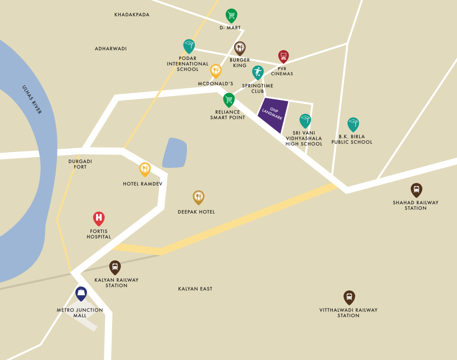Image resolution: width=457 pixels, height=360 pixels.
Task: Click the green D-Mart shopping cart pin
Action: click(232, 16)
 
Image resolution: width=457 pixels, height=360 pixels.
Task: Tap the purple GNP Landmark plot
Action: click(273, 115)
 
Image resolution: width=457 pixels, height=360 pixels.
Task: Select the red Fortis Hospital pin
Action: click(99, 218)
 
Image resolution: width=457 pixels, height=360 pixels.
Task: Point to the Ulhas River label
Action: click(32, 100)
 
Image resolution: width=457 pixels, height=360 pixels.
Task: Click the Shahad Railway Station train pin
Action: click(416, 189)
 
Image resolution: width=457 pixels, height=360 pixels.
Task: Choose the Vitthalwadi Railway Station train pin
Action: click(349, 297)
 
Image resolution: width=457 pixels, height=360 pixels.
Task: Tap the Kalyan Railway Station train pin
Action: click(115, 267)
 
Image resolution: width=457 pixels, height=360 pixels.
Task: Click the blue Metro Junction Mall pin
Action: click(81, 293)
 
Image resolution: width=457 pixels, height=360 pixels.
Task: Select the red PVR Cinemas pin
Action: click(283, 56)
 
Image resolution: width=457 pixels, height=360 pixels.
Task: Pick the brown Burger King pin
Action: click(240, 48)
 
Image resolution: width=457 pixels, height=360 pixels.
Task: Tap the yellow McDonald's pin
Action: click(216, 70)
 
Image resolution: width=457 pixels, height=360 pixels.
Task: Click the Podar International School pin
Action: click(189, 45)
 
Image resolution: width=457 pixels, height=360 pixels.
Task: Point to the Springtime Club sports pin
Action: click(258, 72)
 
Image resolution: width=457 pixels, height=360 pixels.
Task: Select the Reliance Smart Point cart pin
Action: click(228, 100)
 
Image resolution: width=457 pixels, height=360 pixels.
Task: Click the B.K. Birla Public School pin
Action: click(353, 124)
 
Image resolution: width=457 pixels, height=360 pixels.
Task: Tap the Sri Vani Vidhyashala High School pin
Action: click(305, 120)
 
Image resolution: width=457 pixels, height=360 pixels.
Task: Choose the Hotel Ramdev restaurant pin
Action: click(145, 169)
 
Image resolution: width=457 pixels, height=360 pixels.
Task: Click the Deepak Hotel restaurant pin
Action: click(198, 197)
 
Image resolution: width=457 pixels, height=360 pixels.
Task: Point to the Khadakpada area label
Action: click(132, 15)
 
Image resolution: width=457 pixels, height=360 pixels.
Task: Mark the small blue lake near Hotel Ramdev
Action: click(175, 153)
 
